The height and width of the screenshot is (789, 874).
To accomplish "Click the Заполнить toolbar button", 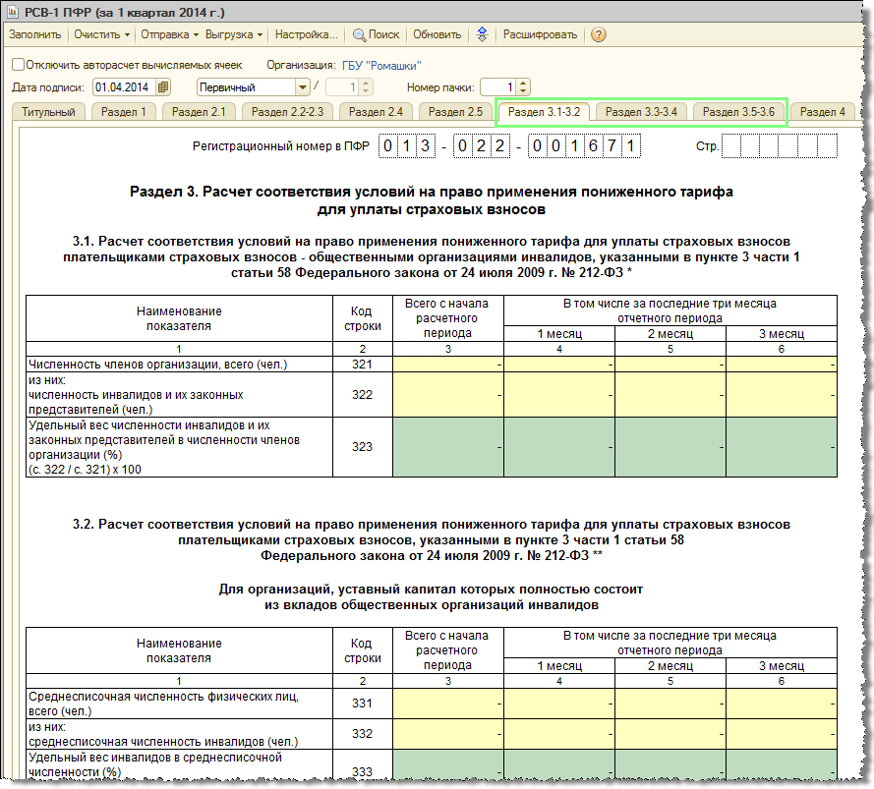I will pos(34,34).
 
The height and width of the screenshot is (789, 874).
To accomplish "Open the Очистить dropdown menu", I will pos(101,34).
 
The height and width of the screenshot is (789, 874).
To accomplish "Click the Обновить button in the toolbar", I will pos(437,34).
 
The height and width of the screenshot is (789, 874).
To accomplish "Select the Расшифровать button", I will pos(540,34).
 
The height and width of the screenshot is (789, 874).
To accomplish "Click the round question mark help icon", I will pos(598,34).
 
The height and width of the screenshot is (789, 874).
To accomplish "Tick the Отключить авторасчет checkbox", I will pos(18,65).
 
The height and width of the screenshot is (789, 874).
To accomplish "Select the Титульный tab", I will pos(48,112).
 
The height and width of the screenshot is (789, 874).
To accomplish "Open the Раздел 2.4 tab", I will pos(376,112).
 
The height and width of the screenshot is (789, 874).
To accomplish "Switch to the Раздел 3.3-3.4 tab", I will pos(641,112).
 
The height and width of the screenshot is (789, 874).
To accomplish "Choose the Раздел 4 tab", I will pos(822,112).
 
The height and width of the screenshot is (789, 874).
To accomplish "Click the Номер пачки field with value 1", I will pos(496,86).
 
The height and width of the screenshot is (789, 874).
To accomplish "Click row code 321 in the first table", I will pos(362,365).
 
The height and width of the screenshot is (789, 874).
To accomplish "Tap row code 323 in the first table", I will pos(362,447).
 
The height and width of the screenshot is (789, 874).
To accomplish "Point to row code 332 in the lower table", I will pos(362,734).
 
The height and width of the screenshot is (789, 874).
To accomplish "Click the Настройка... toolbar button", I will pos(306,34).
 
